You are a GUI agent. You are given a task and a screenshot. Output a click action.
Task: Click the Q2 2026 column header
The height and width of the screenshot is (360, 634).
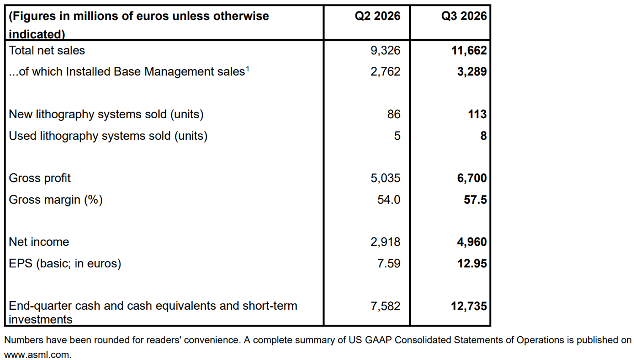coord(377,16)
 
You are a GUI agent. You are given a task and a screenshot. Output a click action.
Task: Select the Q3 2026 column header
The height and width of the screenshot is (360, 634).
coord(464,16)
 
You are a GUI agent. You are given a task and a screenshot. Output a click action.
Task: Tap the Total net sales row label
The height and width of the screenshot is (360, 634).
coord(46,50)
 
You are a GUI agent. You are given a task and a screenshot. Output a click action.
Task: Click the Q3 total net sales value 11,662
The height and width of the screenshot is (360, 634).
coord(469,51)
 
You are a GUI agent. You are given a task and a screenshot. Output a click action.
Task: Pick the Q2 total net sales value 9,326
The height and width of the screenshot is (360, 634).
coord(385,51)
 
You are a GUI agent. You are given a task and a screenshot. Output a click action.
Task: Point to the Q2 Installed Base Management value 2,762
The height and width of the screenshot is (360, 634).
coord(385,71)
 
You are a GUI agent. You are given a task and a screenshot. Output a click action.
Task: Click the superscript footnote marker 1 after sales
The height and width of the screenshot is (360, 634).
coord(247,68)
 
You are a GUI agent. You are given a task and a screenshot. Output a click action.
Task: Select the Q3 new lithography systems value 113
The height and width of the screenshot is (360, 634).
coord(477,115)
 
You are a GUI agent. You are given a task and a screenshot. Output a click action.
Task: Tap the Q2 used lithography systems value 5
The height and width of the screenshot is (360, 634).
coord(397,136)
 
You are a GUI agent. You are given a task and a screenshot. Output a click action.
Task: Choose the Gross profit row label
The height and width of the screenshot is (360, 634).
coord(40,178)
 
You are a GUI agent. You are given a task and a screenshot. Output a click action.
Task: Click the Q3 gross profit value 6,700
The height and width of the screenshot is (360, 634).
coord(472,178)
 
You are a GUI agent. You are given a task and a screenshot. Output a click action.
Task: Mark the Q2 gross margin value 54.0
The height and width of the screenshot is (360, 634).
coord(388,200)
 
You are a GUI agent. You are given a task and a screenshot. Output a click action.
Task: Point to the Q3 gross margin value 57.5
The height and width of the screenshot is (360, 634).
coord(475,200)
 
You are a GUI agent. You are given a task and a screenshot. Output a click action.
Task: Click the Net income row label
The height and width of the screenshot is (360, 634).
coord(39,242)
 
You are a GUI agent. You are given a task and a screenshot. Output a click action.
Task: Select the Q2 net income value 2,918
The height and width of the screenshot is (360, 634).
coord(385,242)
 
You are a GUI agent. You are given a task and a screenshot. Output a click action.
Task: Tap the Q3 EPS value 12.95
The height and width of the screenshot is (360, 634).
coord(472,264)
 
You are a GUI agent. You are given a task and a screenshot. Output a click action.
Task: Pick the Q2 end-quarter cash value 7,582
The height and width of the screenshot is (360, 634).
coord(385,306)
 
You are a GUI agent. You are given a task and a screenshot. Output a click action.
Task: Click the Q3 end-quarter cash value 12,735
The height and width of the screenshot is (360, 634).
coord(469,306)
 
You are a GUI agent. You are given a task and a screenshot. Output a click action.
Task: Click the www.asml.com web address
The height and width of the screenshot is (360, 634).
coord(38,355)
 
